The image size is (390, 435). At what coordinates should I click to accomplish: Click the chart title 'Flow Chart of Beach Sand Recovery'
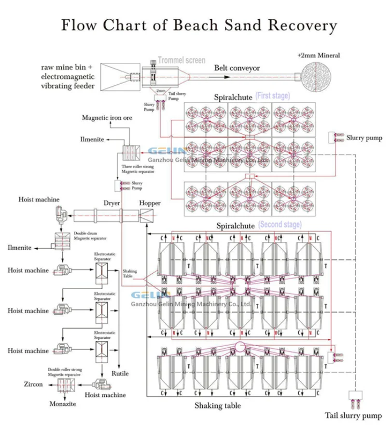198,25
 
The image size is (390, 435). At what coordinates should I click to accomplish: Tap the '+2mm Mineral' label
319,56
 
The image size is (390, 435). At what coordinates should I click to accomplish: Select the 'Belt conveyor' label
237,68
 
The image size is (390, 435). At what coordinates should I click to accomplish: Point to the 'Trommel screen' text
181,61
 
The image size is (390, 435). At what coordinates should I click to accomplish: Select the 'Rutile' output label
120,373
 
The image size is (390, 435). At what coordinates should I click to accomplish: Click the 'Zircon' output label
33,384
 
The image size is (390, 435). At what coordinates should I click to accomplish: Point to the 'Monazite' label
63,404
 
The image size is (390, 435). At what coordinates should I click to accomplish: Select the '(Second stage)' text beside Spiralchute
280,225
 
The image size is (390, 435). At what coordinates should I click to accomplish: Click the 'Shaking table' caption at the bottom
218,406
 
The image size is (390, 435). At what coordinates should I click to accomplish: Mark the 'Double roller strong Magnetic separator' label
65,372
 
